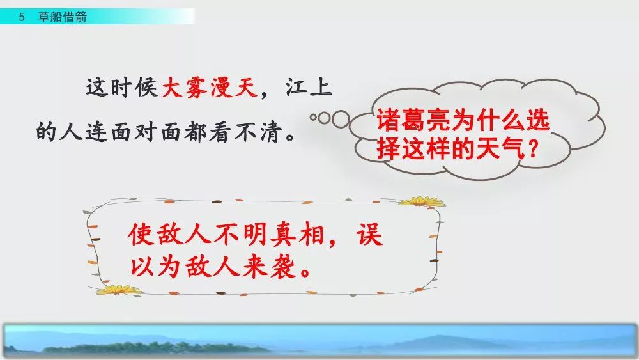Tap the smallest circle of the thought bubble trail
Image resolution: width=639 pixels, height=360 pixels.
313,117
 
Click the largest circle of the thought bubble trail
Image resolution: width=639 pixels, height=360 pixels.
341,119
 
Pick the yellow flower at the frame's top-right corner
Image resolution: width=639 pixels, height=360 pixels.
421,201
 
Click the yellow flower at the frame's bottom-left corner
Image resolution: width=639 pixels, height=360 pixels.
114,290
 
